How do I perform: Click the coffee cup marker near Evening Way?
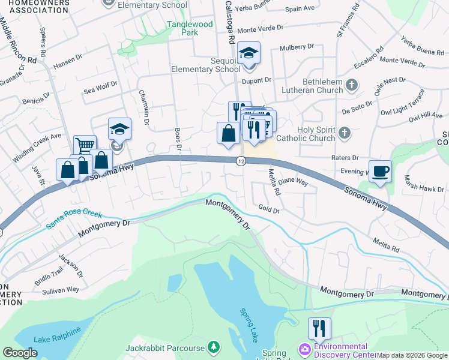379,172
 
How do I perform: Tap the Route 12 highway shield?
241,161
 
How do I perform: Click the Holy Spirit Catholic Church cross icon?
344,132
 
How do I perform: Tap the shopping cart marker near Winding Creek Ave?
85,145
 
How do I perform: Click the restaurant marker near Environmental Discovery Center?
319,328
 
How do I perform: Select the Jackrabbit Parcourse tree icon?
213,347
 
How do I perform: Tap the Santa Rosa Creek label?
74,220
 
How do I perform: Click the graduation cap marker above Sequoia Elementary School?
249,53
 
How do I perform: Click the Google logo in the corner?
20,353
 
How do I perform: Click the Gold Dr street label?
269,210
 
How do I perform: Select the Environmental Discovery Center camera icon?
305,349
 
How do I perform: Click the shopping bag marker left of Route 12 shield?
228,133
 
